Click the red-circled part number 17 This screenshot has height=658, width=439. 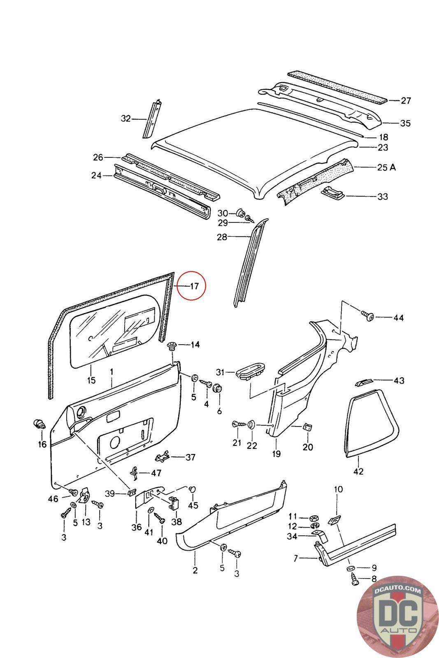(x=195, y=286)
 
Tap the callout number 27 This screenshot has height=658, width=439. (x=406, y=101)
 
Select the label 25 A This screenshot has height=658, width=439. (x=386, y=167)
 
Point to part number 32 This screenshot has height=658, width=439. (x=126, y=118)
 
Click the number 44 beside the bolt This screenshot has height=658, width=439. (x=398, y=317)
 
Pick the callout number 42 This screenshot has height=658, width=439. (x=358, y=472)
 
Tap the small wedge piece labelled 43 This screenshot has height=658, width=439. (x=363, y=382)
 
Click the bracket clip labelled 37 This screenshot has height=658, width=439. (x=163, y=457)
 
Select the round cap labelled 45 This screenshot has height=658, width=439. (x=193, y=489)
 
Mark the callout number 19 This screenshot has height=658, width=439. (x=276, y=454)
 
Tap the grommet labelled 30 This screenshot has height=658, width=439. (x=241, y=212)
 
